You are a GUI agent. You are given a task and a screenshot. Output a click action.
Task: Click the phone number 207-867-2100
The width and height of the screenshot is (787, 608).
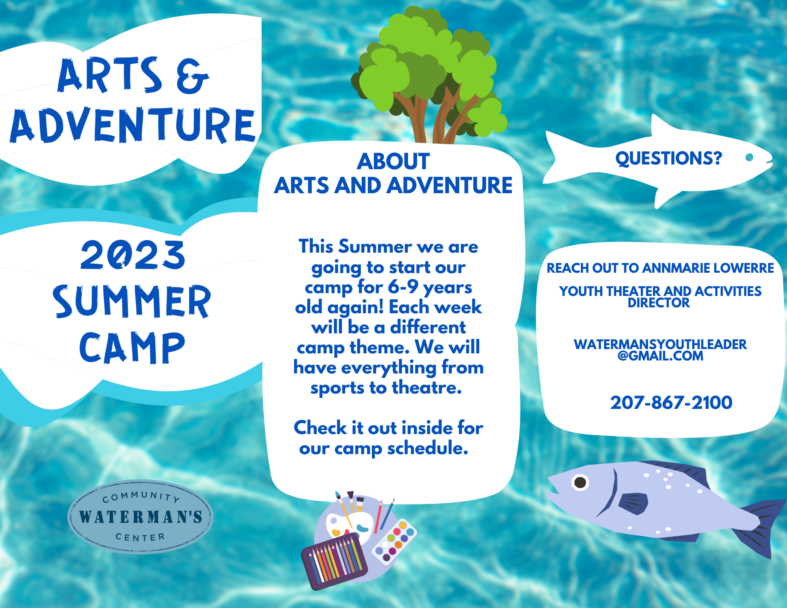point(671,403)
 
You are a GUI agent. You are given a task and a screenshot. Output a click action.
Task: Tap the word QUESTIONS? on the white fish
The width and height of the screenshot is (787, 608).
point(669,158)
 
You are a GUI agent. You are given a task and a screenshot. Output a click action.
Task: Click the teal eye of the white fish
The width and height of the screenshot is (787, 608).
point(749,157)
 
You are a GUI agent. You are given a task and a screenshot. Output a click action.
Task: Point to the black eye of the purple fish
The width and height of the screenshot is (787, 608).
point(580,482)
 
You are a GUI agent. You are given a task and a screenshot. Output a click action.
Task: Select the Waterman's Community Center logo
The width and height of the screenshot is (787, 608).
point(140,516)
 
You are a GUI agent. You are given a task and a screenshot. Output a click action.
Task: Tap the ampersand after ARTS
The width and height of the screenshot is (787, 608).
point(192,76)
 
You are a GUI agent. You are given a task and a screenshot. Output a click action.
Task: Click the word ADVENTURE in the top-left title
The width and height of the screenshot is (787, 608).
point(133,125)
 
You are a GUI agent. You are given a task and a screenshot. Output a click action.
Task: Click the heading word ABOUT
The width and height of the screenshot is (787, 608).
point(393,161)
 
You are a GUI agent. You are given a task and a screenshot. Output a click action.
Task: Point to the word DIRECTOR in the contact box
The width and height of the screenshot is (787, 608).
point(659,303)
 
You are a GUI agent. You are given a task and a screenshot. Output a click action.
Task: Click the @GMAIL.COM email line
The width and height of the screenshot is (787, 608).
point(660,356)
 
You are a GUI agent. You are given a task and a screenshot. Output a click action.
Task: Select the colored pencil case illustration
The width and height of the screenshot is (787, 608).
point(334,561)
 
